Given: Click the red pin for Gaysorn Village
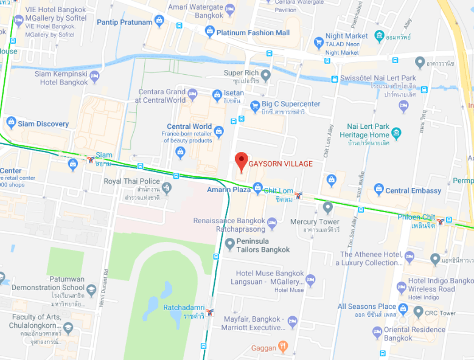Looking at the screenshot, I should pos(242,161).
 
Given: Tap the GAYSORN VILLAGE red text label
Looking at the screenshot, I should pos(281,164).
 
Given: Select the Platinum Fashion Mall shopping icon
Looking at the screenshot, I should pos(210,32).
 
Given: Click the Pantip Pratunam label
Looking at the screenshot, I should pos(124,22).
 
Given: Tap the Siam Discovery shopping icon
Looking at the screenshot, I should pos(11,123).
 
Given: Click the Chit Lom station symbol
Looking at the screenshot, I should pos(298,195).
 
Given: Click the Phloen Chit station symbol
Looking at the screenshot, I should pos(448,221).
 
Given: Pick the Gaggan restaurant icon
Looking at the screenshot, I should pos(283,347).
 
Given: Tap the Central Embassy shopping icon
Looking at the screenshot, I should pos(378,190).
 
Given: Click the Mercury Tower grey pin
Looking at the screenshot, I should pos(328,207).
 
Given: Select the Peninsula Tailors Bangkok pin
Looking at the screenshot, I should pos(229,244).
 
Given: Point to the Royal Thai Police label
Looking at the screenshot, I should pos(131,181).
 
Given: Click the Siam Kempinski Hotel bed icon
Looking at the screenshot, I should pos(94,77).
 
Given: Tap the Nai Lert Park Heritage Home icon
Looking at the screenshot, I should pos(397,132).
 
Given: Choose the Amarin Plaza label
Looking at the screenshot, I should pos(228,190).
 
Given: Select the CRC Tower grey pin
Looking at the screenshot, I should pos(418,311).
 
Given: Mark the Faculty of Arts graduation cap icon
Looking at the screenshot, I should pos(68,328).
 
